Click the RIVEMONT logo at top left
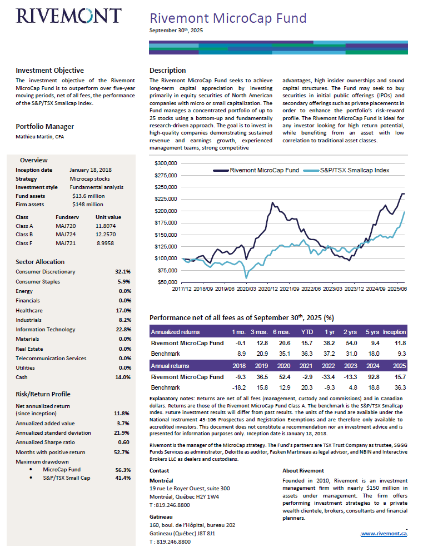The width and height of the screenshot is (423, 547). [68, 16]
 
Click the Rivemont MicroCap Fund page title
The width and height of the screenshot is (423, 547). [228, 18]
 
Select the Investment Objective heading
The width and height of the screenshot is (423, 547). [50, 71]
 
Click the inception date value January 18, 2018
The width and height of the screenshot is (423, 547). [91, 170]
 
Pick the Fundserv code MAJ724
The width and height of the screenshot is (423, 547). [66, 235]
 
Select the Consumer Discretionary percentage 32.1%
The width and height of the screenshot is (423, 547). [122, 272]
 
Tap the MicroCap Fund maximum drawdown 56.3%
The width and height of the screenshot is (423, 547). [123, 470]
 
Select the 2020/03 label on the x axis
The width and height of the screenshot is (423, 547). [246, 289]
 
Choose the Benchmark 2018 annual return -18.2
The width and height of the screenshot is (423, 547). [240, 387]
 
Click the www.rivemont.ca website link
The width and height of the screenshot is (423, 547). [384, 533]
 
